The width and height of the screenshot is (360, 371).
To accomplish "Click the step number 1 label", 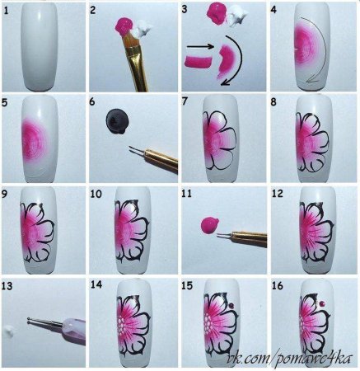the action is pyautogui.click(x=6, y=12).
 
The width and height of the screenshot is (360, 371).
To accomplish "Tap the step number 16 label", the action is pyautogui.click(x=278, y=285).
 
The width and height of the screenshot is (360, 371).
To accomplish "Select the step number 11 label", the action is pyautogui.click(x=186, y=194).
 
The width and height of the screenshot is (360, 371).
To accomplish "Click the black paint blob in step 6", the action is pyautogui.click(x=117, y=121).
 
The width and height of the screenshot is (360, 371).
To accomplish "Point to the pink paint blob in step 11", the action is pyautogui.click(x=209, y=225).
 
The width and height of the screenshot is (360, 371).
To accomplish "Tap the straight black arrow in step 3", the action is pyautogui.click(x=200, y=47).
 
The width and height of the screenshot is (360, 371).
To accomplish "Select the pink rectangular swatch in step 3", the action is pyautogui.click(x=199, y=62).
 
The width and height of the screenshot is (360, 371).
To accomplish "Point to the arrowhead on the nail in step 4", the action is pyautogui.click(x=312, y=80).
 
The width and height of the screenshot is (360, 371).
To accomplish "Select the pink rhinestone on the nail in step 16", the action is pyautogui.click(x=322, y=303).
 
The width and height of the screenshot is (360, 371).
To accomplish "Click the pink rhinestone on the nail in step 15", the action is pyautogui.click(x=231, y=305).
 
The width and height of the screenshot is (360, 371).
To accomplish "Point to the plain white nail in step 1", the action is pyautogui.click(x=40, y=47).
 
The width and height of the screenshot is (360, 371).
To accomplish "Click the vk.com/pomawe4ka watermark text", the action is pyautogui.click(x=290, y=358).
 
